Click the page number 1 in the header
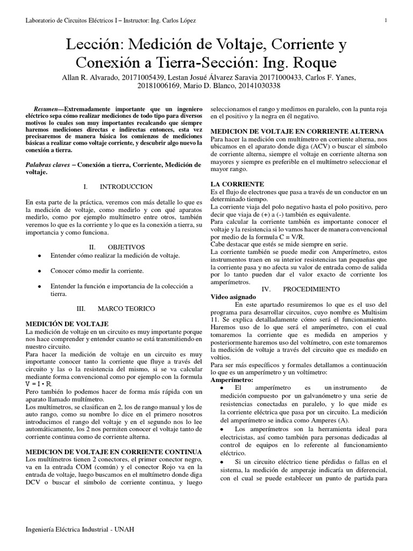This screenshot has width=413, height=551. [x=386, y=20]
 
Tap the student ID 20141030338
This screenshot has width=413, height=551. [x=253, y=86]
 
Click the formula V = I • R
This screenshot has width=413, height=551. [x=39, y=384]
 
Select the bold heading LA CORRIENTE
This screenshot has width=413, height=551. [x=237, y=184]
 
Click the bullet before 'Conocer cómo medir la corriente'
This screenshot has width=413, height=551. [x=39, y=271]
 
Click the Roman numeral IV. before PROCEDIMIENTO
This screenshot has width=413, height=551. [x=266, y=289]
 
